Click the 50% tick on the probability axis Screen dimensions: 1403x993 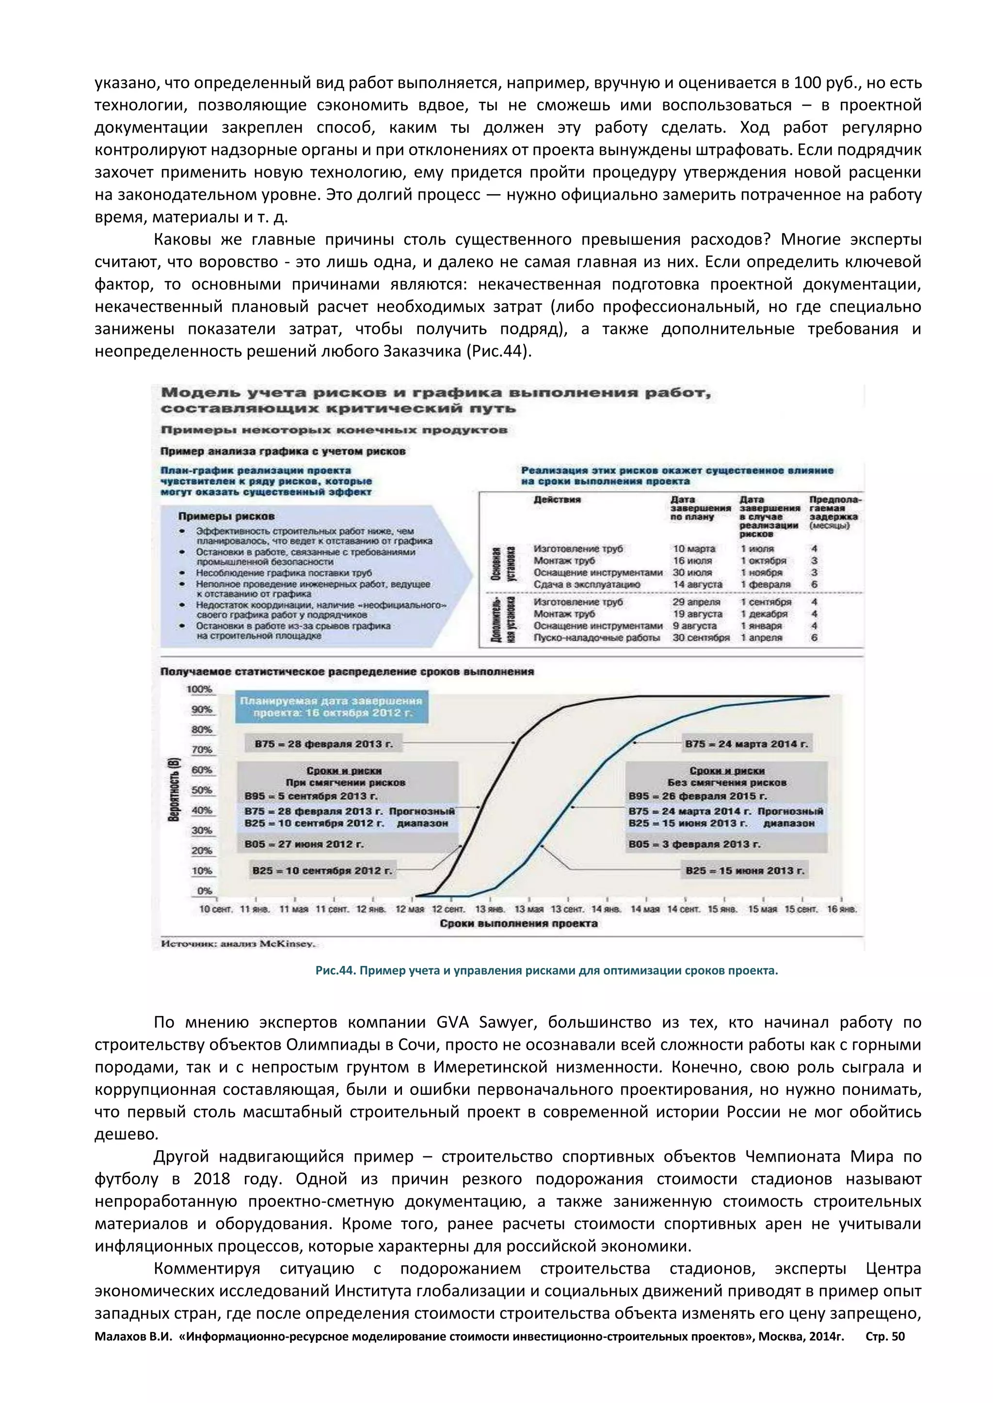(x=202, y=790)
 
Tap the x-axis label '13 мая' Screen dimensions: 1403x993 (x=529, y=909)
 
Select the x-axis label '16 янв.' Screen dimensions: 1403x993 (x=842, y=909)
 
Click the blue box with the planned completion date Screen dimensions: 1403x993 (x=333, y=707)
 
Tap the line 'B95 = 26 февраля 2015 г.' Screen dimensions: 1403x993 (x=697, y=796)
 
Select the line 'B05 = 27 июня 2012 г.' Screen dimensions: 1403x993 (x=304, y=844)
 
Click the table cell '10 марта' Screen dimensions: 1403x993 (x=694, y=549)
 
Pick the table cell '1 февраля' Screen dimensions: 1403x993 (x=766, y=585)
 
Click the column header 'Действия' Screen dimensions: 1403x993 (x=557, y=500)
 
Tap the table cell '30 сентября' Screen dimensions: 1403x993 (x=701, y=638)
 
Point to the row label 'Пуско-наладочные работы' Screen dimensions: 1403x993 (x=597, y=638)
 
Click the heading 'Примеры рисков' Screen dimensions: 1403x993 (x=226, y=516)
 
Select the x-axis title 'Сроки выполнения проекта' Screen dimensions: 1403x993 (x=518, y=923)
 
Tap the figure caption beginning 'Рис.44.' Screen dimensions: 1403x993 (x=546, y=970)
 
